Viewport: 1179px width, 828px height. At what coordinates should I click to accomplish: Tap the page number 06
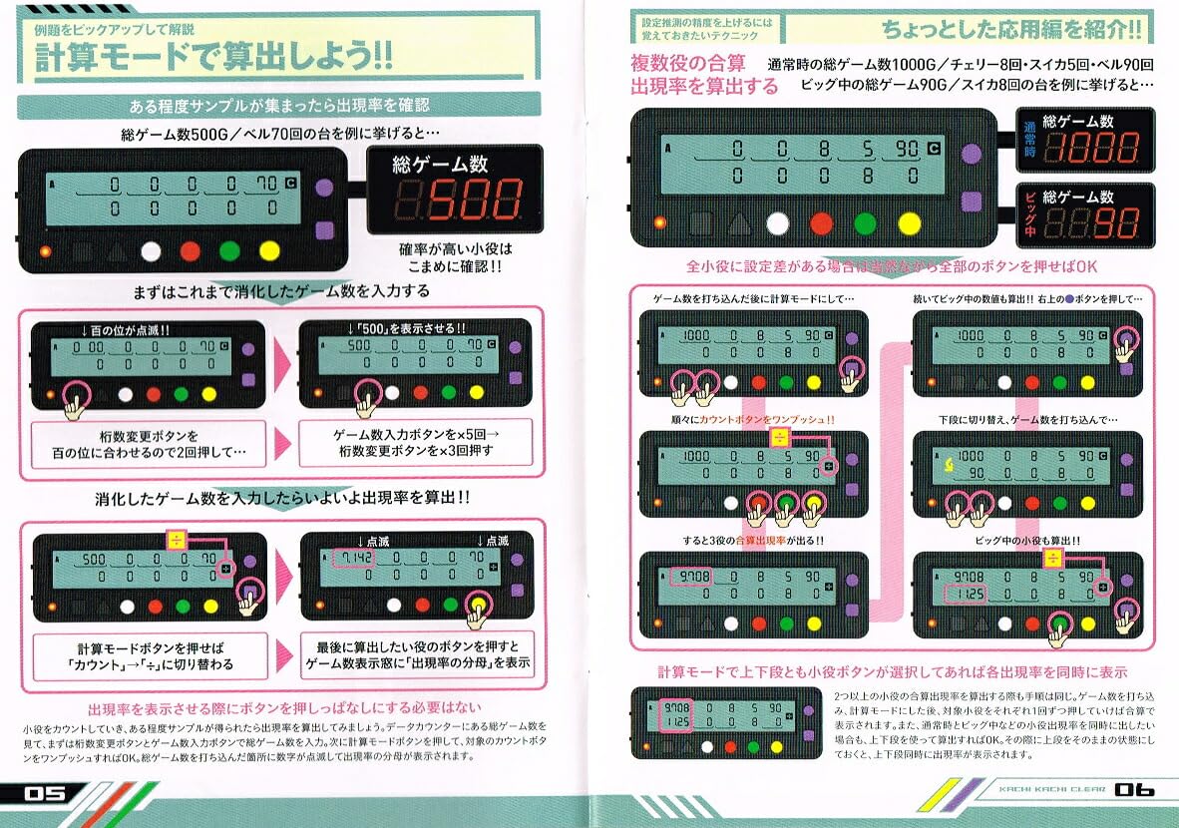point(1134,789)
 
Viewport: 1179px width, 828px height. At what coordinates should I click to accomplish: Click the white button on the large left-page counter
point(152,251)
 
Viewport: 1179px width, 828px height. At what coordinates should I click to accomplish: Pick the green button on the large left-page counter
point(229,251)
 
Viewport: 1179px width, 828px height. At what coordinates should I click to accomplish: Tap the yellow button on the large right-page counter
point(908,222)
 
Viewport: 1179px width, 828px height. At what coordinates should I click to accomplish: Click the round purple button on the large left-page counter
point(323,186)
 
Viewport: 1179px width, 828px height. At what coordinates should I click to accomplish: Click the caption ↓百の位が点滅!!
point(127,329)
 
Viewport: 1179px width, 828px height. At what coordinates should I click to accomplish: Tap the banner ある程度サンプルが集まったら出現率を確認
point(279,106)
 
